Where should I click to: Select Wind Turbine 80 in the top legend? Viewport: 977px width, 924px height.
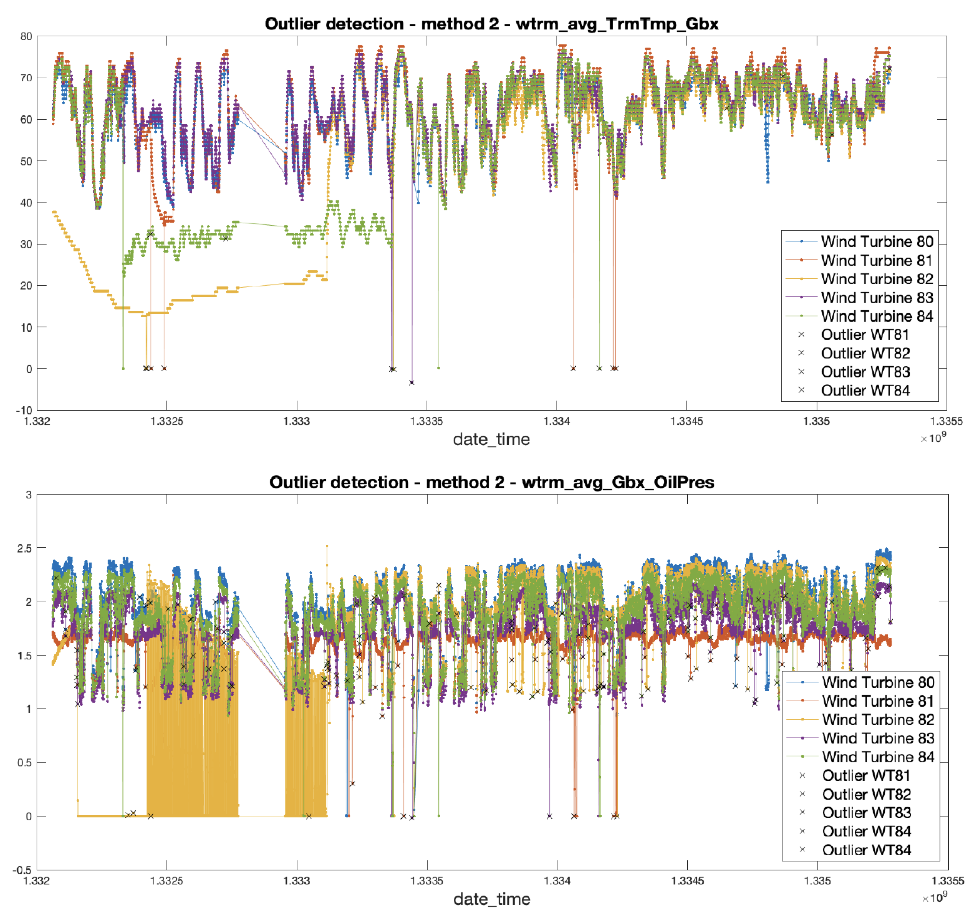coord(877,242)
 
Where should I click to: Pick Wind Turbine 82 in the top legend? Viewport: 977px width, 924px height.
coord(877,279)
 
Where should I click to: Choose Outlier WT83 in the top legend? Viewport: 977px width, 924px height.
coord(865,372)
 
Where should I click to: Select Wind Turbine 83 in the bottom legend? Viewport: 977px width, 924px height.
coord(878,738)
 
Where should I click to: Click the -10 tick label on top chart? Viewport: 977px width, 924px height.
coord(24,410)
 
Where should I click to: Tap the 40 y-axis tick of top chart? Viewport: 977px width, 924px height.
coord(26,202)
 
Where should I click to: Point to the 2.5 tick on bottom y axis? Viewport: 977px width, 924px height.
coord(24,548)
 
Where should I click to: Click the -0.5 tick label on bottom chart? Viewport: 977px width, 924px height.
coord(22,870)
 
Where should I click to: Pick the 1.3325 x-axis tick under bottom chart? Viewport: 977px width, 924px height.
coord(167,880)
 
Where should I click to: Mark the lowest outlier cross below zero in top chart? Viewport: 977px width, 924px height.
coord(412,383)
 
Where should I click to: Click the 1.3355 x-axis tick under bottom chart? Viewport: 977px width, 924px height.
coord(947,880)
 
